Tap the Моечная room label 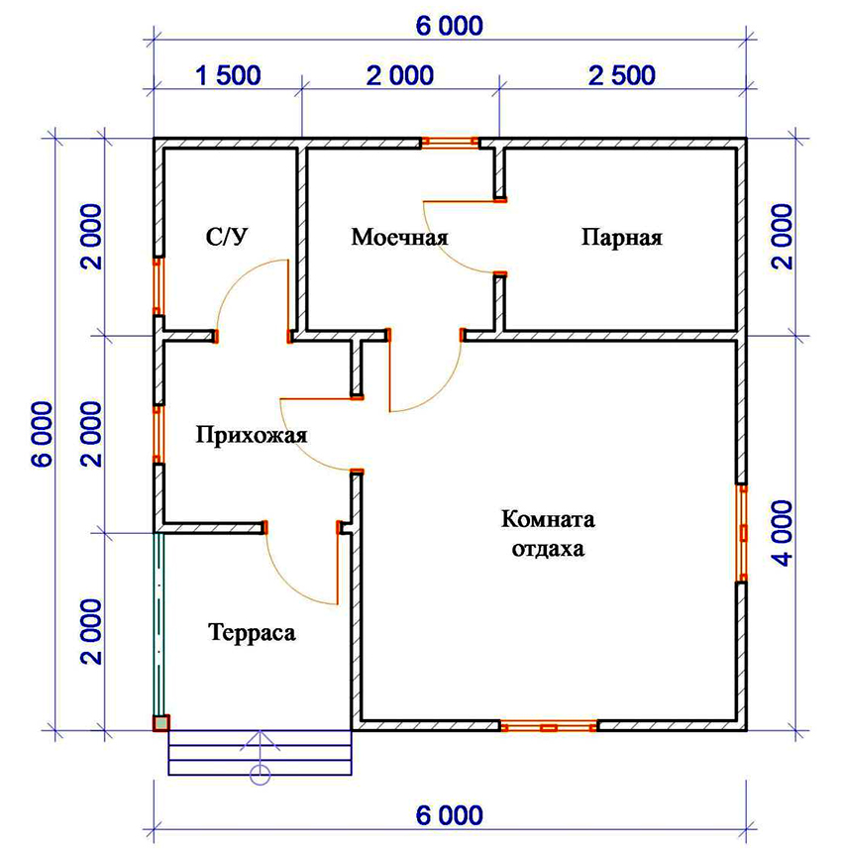point(399,238)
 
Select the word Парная point(621,238)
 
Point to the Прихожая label point(252,436)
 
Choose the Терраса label point(252,632)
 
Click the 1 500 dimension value point(228,75)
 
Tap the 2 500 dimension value point(621,75)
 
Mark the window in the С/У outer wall point(157,286)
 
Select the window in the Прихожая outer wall point(157,434)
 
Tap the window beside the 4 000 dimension point(741,532)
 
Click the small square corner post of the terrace point(160,723)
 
